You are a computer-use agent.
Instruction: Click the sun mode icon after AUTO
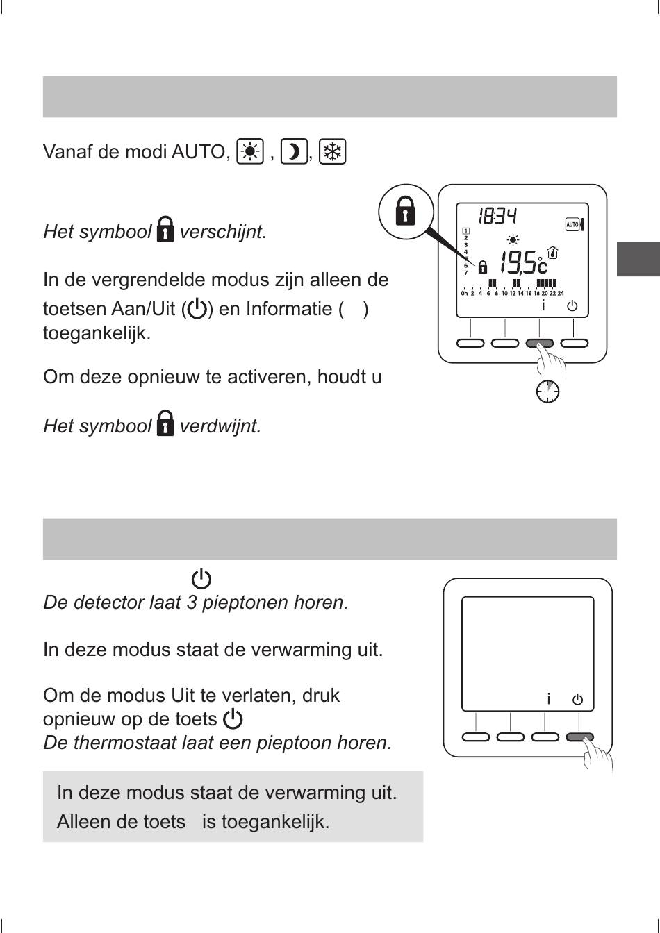(x=250, y=151)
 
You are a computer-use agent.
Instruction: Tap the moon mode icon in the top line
(x=294, y=151)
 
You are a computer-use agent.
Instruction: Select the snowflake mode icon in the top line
(x=333, y=151)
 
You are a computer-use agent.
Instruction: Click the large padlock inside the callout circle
(x=405, y=211)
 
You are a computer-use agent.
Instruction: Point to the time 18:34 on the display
(x=497, y=216)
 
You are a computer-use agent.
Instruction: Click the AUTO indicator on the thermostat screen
(x=574, y=224)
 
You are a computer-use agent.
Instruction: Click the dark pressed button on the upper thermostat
(x=540, y=343)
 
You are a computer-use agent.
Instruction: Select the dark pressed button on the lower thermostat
(x=579, y=737)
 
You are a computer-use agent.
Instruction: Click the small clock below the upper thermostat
(x=547, y=392)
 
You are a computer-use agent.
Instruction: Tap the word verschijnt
(x=222, y=232)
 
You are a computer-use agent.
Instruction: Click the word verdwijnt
(x=220, y=426)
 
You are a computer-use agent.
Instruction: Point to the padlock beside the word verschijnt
(x=165, y=228)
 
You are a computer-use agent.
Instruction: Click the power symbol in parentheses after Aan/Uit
(x=197, y=310)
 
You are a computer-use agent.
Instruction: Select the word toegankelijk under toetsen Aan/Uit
(x=97, y=333)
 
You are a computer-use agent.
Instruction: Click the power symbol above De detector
(x=201, y=578)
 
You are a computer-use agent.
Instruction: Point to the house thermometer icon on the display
(x=553, y=253)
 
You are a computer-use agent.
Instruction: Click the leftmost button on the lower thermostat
(x=476, y=737)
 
